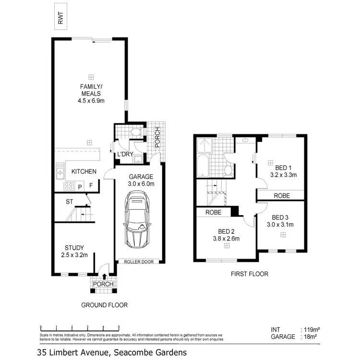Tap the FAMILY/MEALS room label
[x=90, y=90]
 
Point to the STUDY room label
[x=74, y=248]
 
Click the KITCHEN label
[x=84, y=171]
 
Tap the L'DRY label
[x=125, y=154]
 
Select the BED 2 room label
[x=226, y=231]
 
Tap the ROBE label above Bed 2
[x=213, y=212]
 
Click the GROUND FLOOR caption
[x=104, y=305]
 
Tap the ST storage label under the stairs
[x=69, y=202]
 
